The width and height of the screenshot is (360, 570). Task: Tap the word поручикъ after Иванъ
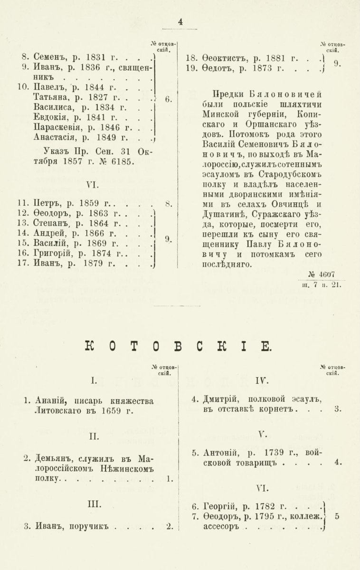90,526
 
